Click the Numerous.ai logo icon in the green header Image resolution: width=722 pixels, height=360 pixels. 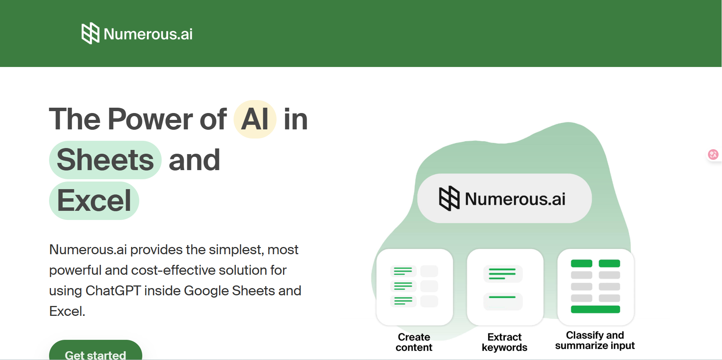coord(91,33)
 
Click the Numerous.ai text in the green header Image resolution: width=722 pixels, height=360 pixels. coord(148,34)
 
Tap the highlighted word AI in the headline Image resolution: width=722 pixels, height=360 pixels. coord(255,119)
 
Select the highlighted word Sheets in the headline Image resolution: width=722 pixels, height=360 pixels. coord(105,160)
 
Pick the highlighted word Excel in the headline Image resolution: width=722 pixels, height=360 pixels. coord(94,201)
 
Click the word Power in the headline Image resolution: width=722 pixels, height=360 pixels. coord(151,119)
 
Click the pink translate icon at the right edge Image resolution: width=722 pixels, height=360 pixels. coord(713,155)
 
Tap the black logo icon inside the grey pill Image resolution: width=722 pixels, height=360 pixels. coord(449,198)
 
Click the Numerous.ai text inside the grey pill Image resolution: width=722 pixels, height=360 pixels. coord(515,199)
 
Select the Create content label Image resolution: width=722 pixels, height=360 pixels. coord(414,342)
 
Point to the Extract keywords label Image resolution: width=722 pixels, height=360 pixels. coord(504,342)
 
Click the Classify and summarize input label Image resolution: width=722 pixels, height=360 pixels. coord(595,340)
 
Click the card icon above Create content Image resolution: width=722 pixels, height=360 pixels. coord(414,287)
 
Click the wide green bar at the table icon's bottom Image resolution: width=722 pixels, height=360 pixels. coord(595,309)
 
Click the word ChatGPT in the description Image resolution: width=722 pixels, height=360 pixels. coord(113,291)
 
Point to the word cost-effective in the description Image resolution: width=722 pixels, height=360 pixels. coord(173,270)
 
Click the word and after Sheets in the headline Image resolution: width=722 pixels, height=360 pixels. coord(194,160)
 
